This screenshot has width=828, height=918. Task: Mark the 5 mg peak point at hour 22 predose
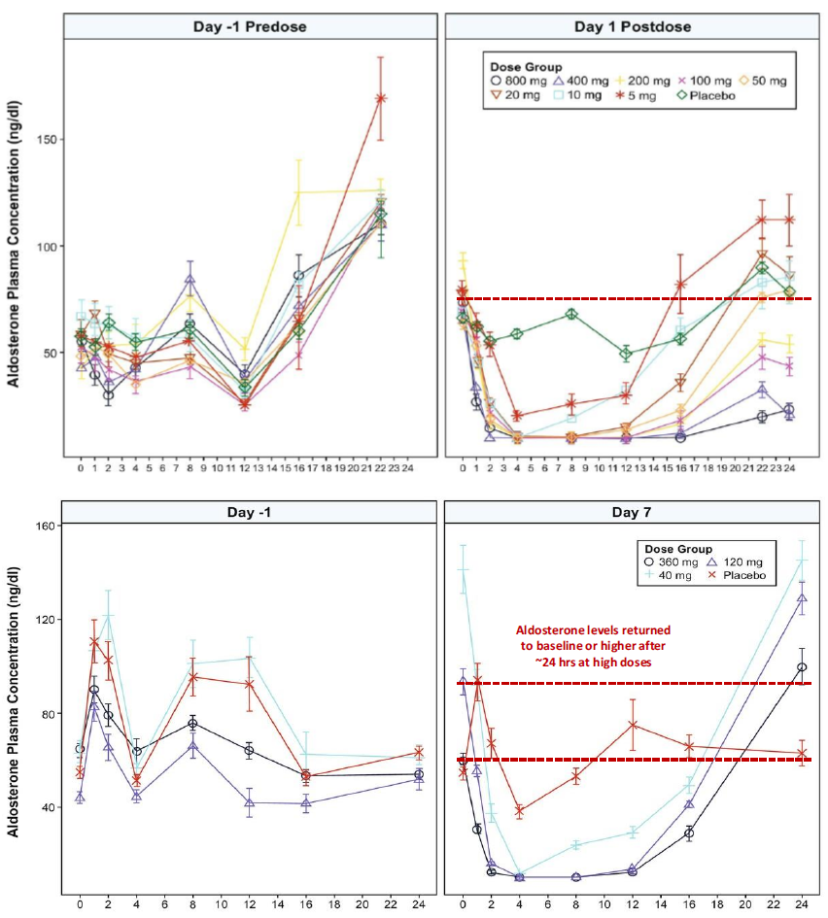tap(381, 98)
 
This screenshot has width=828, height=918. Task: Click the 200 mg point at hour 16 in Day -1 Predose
tap(299, 192)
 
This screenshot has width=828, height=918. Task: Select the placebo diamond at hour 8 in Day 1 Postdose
tap(571, 314)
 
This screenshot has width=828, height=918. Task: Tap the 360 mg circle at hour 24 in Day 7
tap(802, 667)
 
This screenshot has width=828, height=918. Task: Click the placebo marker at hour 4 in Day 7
tap(519, 810)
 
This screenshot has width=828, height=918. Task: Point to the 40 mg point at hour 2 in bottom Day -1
tap(108, 615)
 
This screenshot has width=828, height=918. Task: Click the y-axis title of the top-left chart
tap(16, 248)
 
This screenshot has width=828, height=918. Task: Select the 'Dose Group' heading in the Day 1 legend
tap(525, 67)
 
